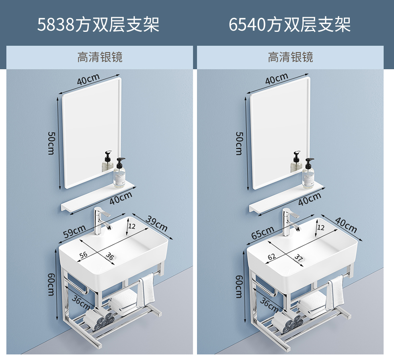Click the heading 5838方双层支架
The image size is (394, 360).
(x=98, y=24)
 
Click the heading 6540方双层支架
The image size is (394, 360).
(x=289, y=24)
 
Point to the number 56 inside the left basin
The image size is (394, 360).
(x=83, y=255)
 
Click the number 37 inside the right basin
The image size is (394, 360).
(x=299, y=258)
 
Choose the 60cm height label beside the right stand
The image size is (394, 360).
(x=239, y=286)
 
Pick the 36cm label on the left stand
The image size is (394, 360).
(x=80, y=302)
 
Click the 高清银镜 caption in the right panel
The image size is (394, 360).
(x=290, y=57)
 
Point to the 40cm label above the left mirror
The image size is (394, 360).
(x=88, y=80)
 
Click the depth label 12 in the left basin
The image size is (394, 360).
(x=132, y=226)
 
